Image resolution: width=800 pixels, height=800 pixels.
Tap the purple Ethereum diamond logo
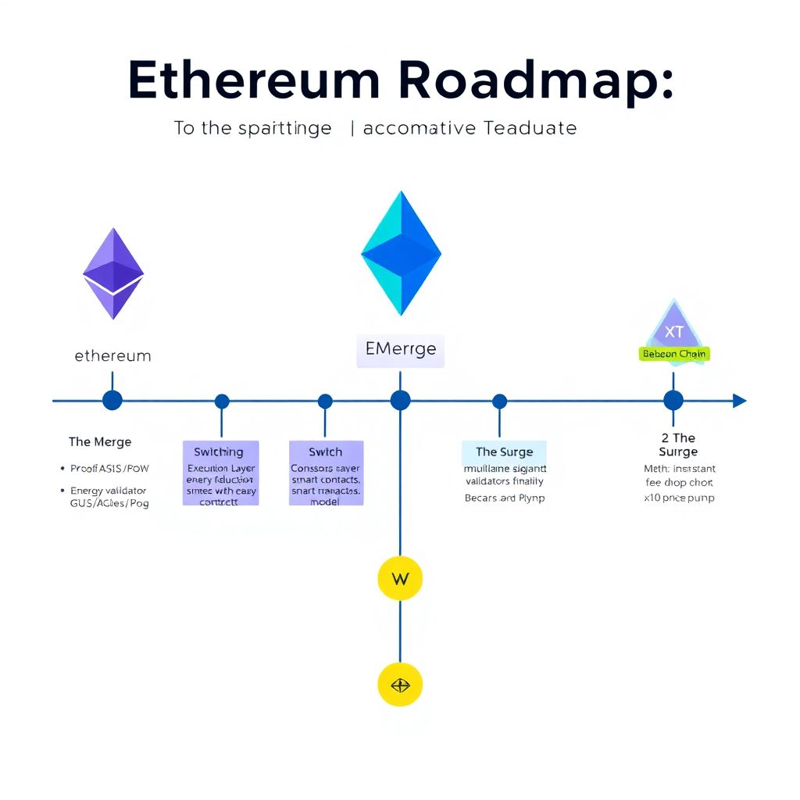pos(113,273)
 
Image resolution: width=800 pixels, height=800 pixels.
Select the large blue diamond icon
pos(401,253)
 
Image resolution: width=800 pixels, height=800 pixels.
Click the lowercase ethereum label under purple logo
pos(112,356)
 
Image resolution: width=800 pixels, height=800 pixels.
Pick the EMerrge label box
pos(400,349)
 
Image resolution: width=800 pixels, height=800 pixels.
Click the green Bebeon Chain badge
pos(673,354)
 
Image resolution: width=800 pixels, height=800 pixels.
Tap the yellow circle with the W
pos(400,579)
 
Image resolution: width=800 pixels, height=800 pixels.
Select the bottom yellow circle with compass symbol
pos(400,685)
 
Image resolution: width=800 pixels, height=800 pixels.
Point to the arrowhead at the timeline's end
pos(739,401)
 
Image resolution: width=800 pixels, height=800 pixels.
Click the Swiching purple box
pos(220,473)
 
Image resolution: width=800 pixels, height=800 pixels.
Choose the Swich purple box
pos(326,473)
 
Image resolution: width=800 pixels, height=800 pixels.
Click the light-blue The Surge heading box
pos(504,452)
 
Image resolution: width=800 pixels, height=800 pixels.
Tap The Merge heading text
pos(100,442)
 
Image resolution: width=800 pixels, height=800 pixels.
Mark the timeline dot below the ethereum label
pos(112,401)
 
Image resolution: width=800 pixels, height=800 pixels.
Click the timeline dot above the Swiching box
pos(222,402)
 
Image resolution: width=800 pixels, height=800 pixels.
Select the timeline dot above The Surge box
pos(499,402)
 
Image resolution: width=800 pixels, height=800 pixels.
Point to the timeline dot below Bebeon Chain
pos(673,401)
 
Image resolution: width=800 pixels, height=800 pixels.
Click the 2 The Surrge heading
pos(677,445)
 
